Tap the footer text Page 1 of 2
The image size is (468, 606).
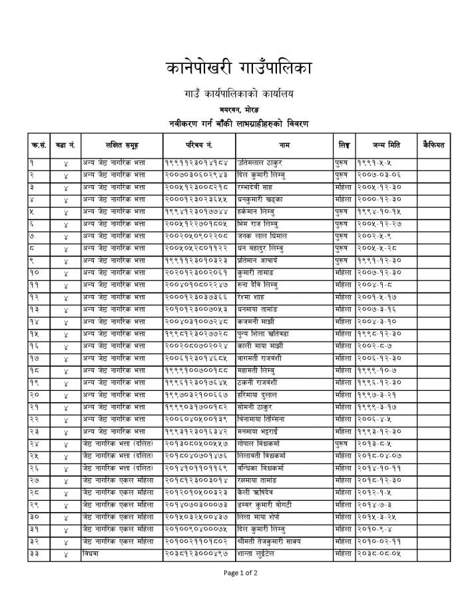click(x=234, y=572)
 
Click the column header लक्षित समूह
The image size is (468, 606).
click(x=121, y=145)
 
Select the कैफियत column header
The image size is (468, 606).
click(x=433, y=145)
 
